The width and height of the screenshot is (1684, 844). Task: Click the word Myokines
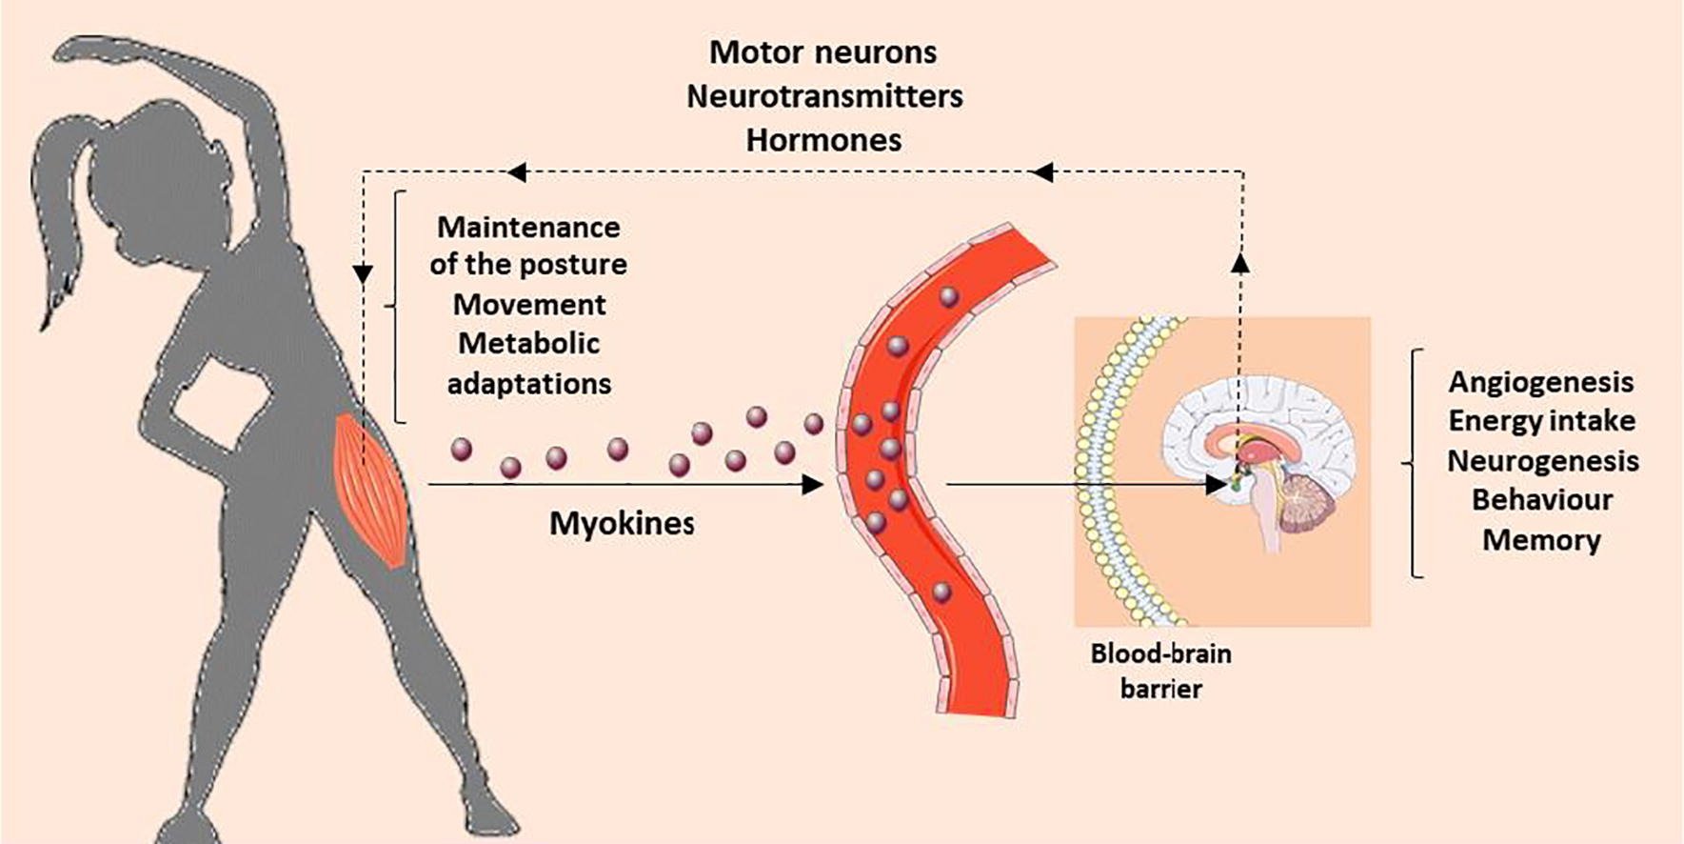tap(622, 523)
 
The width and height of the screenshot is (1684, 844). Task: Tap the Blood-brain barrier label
tap(1160, 671)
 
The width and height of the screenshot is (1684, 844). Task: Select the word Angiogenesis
tap(1540, 382)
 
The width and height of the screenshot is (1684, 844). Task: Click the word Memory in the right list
tap(1541, 540)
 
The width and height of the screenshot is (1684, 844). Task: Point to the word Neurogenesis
tap(1542, 461)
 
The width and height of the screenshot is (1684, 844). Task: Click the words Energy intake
tap(1541, 421)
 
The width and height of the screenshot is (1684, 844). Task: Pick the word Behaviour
tap(1541, 500)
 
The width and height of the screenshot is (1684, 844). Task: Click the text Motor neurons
tap(822, 52)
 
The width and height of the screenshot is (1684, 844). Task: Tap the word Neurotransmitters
tap(824, 96)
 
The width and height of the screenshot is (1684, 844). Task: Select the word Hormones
tap(823, 140)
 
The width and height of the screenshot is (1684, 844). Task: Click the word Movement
tap(529, 305)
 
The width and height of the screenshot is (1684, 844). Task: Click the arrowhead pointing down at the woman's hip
tap(363, 273)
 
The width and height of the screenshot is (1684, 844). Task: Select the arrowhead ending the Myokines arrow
tap(812, 485)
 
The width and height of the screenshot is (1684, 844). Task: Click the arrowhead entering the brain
tap(1216, 484)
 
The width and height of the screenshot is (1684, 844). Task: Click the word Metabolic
tap(529, 344)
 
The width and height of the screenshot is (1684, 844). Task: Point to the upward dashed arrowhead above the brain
tap(1241, 263)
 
